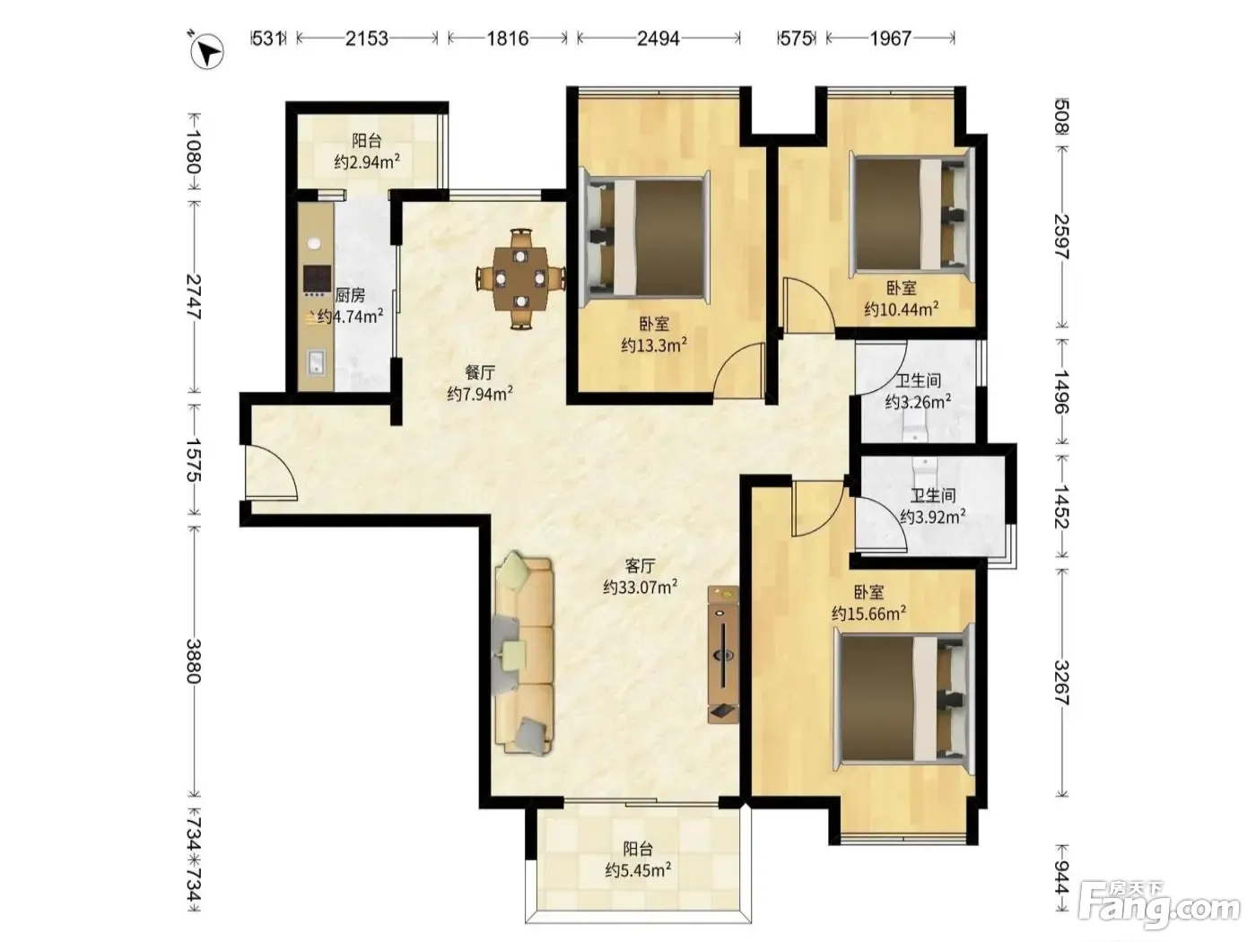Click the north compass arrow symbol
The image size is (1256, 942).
(x=207, y=52)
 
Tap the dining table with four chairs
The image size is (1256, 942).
(x=520, y=278)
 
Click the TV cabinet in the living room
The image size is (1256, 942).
(x=723, y=653)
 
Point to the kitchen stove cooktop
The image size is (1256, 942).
(x=317, y=279)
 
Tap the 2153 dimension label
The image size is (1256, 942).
(x=367, y=39)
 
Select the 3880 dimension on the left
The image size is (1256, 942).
(x=194, y=660)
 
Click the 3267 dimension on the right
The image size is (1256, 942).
(x=1061, y=683)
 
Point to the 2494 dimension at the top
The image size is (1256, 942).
(x=659, y=39)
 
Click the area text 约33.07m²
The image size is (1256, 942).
(x=641, y=587)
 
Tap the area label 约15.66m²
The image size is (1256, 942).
(x=868, y=614)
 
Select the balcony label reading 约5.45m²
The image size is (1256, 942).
(x=638, y=870)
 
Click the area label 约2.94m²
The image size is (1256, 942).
(x=367, y=161)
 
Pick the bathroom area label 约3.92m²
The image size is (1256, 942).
(x=933, y=517)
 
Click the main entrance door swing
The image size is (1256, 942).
(x=269, y=473)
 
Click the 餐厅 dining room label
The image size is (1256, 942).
(x=479, y=373)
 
